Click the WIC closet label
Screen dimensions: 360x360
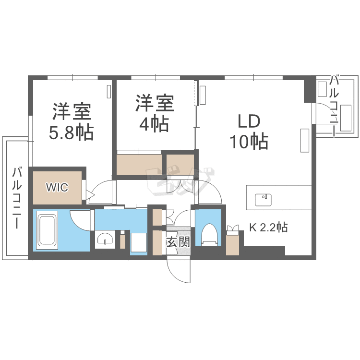tap(57, 187)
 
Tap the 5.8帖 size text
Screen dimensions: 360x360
tap(71, 132)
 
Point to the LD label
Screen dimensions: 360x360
tap(249, 121)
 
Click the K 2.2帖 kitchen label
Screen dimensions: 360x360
tap(268, 228)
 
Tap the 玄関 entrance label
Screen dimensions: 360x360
tap(178, 241)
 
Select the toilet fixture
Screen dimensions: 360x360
tap(209, 234)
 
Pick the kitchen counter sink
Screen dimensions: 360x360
tap(263, 200)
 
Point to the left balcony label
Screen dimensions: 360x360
tap(17, 198)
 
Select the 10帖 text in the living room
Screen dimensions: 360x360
tap(249, 141)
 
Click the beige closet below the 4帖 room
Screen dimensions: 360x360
tap(139, 165)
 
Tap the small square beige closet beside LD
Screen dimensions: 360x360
tap(180, 165)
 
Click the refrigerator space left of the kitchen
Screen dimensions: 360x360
tap(233, 245)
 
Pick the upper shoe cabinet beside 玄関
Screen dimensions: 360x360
tap(157, 217)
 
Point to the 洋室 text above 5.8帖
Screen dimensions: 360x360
tap(72, 111)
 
